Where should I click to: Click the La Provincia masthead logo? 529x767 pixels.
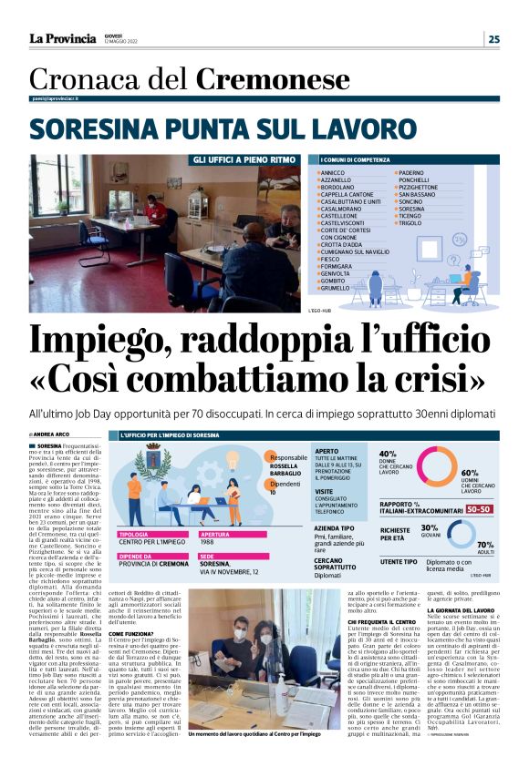[x=61, y=38]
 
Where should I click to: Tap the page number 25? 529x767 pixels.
[x=493, y=38]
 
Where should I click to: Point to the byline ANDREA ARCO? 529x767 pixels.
[x=52, y=435]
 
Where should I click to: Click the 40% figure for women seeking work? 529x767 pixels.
[x=388, y=453]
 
